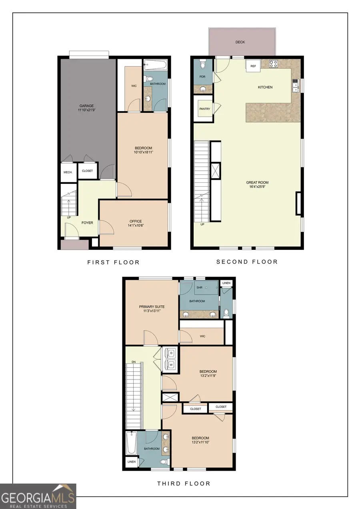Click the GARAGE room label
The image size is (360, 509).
[x=86, y=106]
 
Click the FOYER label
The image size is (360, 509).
[x=87, y=222]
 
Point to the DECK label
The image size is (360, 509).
[x=240, y=42]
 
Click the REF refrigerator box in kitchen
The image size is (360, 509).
[x=253, y=66]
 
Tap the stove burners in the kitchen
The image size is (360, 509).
[x=274, y=63]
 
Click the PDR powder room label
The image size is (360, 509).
[x=202, y=77]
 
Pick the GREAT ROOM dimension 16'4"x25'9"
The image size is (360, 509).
[x=257, y=187]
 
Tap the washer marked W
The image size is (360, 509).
[x=171, y=365]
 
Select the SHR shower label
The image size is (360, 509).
[x=199, y=287]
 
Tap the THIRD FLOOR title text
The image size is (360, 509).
[x=184, y=483]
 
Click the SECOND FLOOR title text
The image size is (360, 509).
[x=247, y=262]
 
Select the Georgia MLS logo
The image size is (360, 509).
[x=38, y=496]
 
